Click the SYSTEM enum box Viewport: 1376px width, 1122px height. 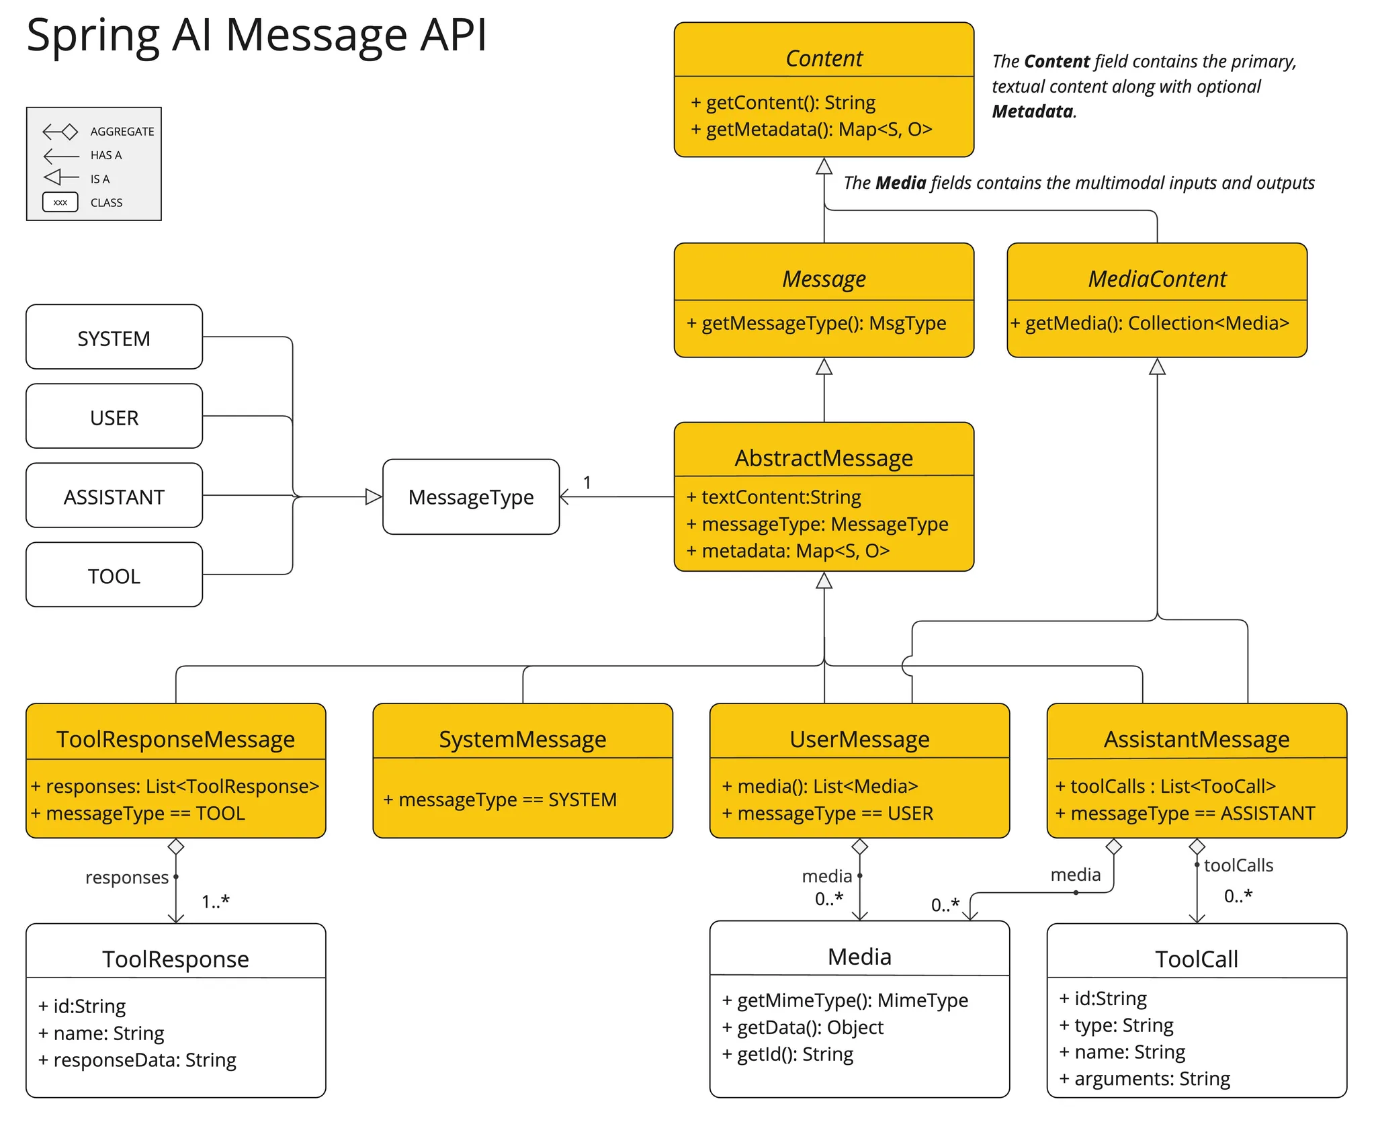coord(114,338)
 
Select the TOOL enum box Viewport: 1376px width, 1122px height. coord(114,576)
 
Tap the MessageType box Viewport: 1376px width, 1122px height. coord(471,497)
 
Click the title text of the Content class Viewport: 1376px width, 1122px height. coord(824,58)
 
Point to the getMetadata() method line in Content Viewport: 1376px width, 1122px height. coord(812,129)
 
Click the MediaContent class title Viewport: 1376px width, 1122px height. coord(1157,279)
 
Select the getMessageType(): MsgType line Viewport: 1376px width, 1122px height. coord(816,323)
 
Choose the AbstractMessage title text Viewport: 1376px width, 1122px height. coord(824,458)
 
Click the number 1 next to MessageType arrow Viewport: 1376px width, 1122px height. coord(587,482)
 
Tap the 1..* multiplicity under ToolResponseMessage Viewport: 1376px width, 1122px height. coord(216,902)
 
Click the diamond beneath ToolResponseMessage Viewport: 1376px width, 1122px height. coord(176,847)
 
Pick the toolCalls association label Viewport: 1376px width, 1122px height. coord(1238,865)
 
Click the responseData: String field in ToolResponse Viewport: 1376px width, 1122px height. coord(138,1060)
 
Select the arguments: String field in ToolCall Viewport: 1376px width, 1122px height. coord(1145,1079)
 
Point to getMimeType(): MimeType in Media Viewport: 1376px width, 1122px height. coord(845,1000)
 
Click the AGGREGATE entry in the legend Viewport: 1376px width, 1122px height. coord(122,132)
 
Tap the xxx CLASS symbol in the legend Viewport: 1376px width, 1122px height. coord(60,202)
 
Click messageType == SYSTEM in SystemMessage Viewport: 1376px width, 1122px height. coord(500,800)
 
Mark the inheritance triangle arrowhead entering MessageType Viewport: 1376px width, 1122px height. coord(374,497)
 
